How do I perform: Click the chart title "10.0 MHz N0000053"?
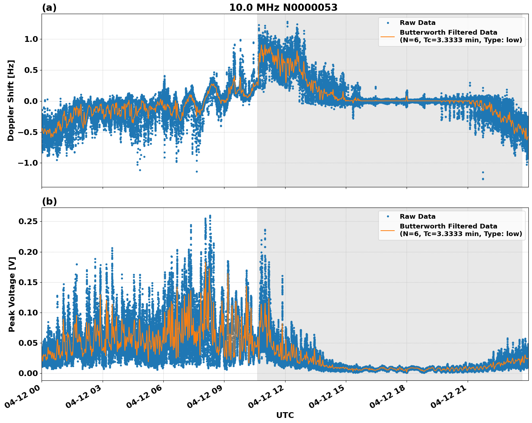pos(283,8)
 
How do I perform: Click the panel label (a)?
pos(49,8)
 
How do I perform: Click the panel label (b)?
pos(49,201)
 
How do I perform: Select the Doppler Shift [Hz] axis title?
pos(11,100)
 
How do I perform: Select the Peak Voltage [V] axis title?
pos(12,294)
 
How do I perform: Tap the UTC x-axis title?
pos(285,415)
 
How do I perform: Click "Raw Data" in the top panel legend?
pos(417,23)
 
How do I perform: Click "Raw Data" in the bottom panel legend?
pos(417,217)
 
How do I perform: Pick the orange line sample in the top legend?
pos(388,36)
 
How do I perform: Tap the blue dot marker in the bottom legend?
pos(388,217)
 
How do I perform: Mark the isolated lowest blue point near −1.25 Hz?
pos(483,179)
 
